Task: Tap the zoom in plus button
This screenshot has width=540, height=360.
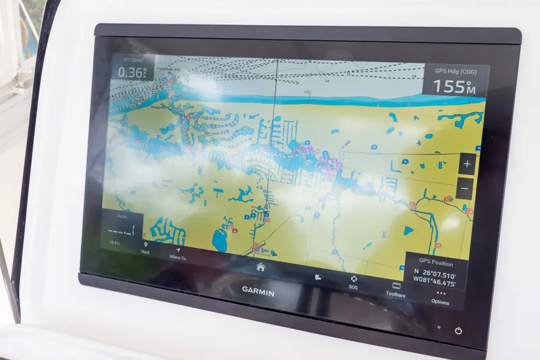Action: click(x=467, y=164)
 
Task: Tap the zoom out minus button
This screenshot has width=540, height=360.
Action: click(x=466, y=188)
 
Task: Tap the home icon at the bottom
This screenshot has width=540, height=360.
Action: click(x=261, y=266)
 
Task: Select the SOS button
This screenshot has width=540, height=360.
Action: click(x=354, y=282)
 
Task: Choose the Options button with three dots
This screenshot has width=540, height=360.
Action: click(x=440, y=297)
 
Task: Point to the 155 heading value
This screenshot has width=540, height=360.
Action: click(x=452, y=86)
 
